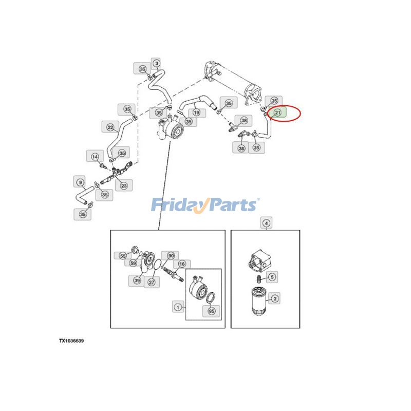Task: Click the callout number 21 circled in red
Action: pos(277,113)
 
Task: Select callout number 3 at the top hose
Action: pos(157,63)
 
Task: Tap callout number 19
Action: pos(196,113)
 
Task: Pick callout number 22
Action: pos(110,127)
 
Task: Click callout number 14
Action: pos(95,157)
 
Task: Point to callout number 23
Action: pos(124,185)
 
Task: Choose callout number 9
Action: pos(80,182)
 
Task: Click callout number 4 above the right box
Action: pos(266,223)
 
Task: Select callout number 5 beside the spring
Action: pos(272,277)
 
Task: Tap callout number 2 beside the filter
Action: pos(275,298)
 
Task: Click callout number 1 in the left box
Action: pos(178,307)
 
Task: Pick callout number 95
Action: pos(211,311)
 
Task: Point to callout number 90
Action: pos(171,255)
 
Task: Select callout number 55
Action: pos(123,255)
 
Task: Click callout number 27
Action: pos(152,282)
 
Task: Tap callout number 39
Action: pos(137,281)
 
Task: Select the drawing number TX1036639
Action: pos(71,341)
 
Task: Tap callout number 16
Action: pos(182,264)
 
